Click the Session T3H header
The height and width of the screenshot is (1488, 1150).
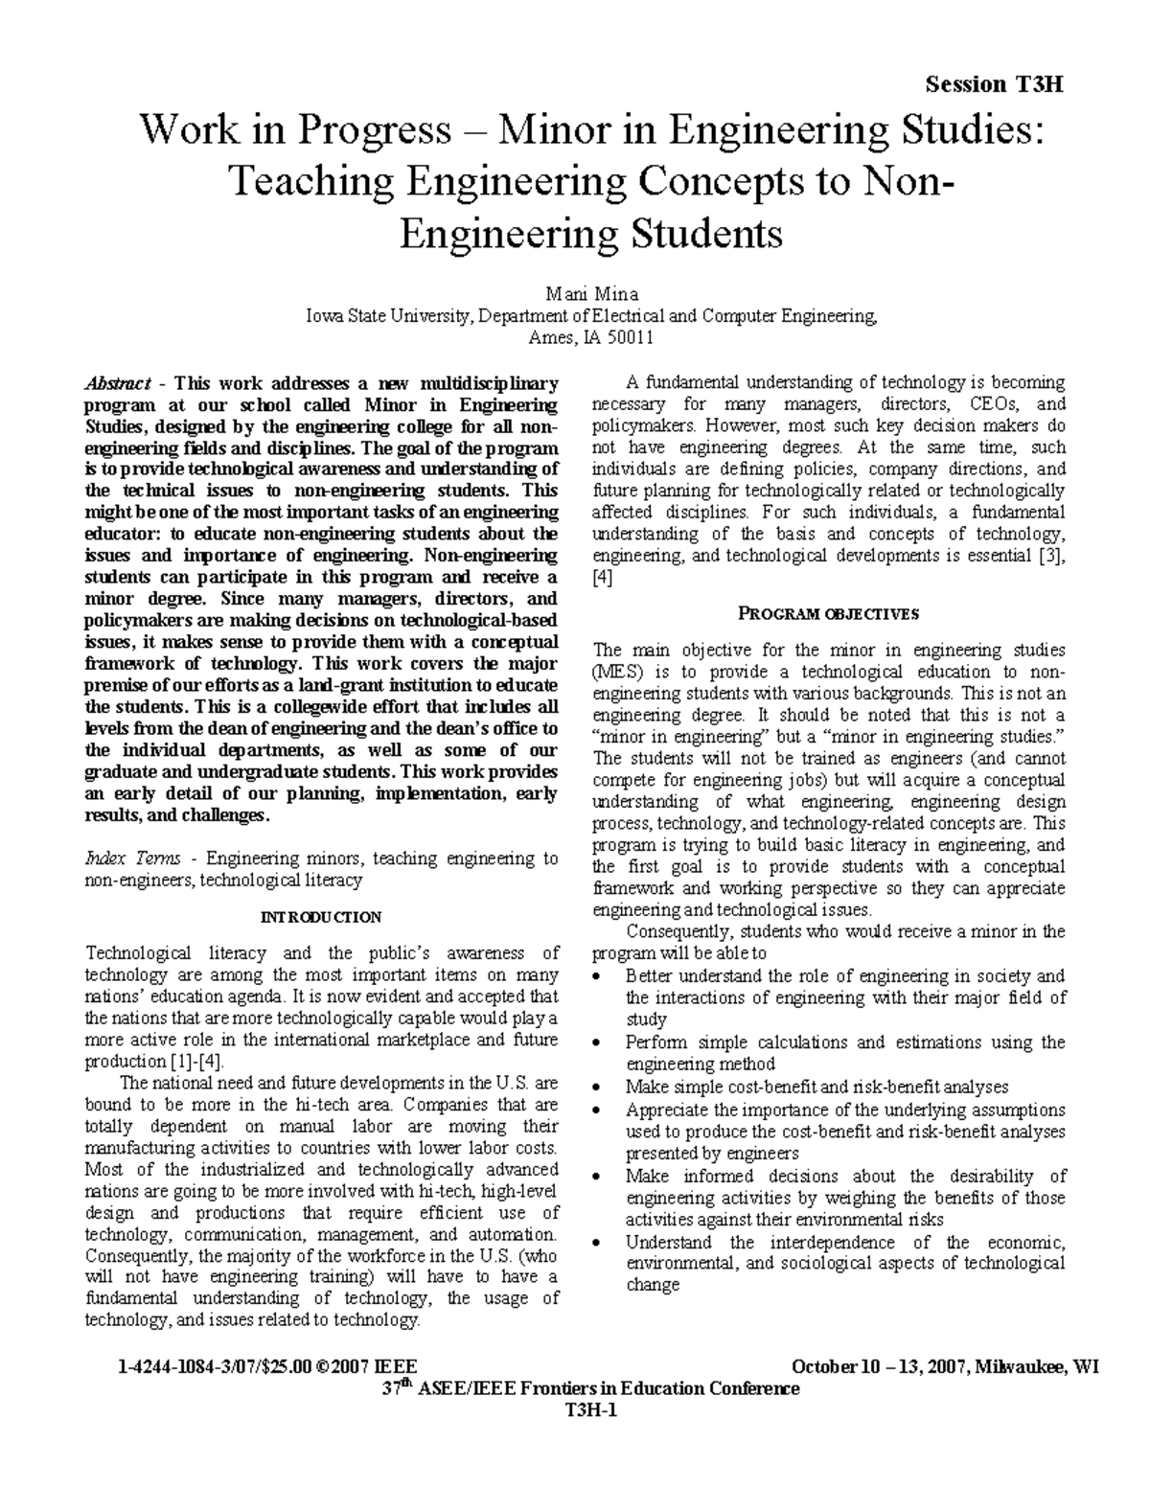click(995, 84)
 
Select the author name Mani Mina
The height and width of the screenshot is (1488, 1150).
click(591, 293)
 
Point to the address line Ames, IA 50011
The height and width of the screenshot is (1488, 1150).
click(591, 337)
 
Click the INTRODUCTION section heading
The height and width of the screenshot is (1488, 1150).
click(321, 917)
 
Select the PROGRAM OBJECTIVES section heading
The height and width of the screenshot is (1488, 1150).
click(828, 613)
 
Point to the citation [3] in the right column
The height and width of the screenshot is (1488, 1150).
click(1052, 556)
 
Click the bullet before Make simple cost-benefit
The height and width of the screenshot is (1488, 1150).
click(599, 1087)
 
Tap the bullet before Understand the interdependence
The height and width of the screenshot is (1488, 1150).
click(599, 1243)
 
